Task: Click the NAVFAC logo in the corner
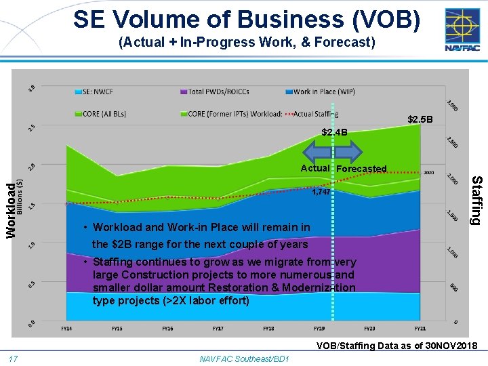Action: [462, 29]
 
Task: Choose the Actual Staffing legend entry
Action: [312, 114]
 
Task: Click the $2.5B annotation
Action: [420, 120]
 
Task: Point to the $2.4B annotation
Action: [335, 132]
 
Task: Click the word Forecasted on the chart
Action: [361, 169]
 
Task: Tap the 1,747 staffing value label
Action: [321, 192]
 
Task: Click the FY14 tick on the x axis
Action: [66, 328]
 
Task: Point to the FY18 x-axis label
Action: [268, 328]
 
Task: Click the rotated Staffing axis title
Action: [476, 200]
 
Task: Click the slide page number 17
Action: [13, 359]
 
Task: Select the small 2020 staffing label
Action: [429, 173]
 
